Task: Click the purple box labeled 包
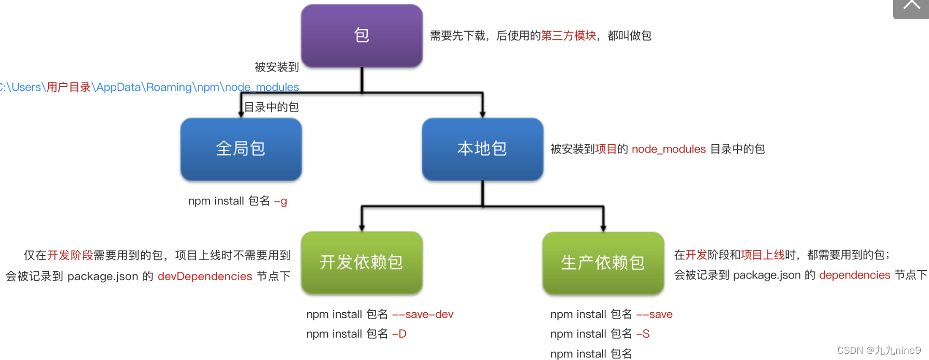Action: click(362, 36)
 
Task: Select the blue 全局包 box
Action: click(241, 149)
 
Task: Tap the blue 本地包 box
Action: click(482, 149)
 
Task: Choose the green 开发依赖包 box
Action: click(362, 262)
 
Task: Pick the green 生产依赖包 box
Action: click(603, 262)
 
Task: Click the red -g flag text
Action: click(281, 201)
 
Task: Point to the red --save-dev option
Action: click(423, 314)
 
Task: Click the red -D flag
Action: click(399, 334)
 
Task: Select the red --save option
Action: click(655, 314)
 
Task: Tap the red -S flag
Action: click(643, 334)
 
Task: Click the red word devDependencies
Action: click(205, 276)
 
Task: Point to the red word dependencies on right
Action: click(854, 275)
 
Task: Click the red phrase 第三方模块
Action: click(569, 36)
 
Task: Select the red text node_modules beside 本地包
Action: click(669, 149)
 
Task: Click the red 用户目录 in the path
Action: click(68, 87)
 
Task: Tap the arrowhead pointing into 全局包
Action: click(241, 114)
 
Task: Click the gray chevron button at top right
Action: click(911, 7)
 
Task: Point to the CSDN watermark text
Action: click(879, 351)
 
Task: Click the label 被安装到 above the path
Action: click(276, 67)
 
